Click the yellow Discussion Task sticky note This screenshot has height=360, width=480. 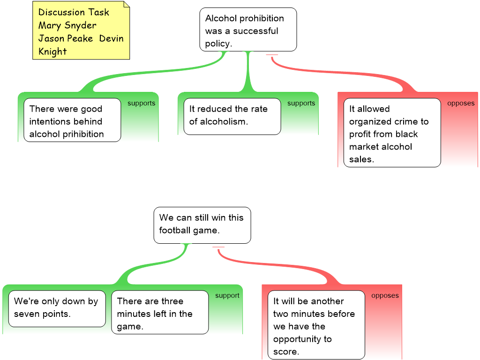pyautogui.click(x=81, y=31)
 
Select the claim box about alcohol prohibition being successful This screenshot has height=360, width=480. pyautogui.click(x=248, y=30)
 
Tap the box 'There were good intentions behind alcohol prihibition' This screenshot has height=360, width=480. pyautogui.click(x=72, y=120)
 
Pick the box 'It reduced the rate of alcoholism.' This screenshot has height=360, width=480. pyautogui.click(x=232, y=116)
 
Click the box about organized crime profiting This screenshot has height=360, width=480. pyautogui.click(x=392, y=133)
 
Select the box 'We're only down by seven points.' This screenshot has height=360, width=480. pyautogui.click(x=57, y=308)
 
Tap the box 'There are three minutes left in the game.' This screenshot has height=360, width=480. pyautogui.click(x=159, y=312)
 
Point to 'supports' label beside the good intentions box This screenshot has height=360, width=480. pyautogui.click(x=141, y=104)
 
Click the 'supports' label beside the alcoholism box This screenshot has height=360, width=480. pyautogui.click(x=301, y=104)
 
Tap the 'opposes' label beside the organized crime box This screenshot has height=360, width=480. pyautogui.click(x=460, y=104)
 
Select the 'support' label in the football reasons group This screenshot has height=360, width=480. pyautogui.click(x=227, y=296)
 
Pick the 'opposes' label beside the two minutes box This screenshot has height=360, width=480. pyautogui.click(x=385, y=296)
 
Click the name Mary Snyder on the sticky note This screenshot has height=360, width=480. pyautogui.click(x=67, y=25)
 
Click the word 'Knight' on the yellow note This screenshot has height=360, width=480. pyautogui.click(x=52, y=52)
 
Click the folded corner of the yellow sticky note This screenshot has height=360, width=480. pyautogui.click(x=126, y=5)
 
